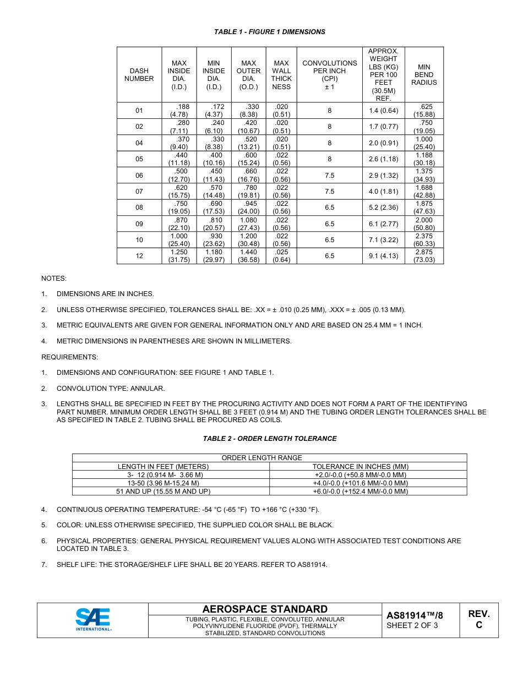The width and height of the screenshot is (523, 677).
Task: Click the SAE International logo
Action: point(93,619)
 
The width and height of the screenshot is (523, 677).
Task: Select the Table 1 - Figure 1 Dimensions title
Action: point(269,32)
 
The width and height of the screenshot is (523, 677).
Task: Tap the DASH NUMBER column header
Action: point(139,75)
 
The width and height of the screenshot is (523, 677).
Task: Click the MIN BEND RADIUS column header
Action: point(424,75)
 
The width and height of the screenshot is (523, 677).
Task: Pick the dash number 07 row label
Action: point(139,192)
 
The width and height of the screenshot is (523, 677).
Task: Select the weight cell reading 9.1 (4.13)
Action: point(383,256)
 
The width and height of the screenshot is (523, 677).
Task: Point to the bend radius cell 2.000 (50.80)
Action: point(424,223)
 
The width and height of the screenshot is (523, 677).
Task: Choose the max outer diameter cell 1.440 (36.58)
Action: point(248,256)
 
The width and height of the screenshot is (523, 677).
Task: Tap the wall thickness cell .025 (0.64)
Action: point(281,256)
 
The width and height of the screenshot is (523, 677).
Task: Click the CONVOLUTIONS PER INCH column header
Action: point(329,75)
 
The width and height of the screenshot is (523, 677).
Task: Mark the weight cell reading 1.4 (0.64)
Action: point(383,111)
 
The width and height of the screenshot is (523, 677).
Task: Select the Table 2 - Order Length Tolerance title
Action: point(269,439)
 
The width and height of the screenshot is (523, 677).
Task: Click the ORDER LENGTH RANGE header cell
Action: point(269,458)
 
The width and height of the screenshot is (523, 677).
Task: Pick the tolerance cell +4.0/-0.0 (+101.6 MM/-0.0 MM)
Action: point(368,483)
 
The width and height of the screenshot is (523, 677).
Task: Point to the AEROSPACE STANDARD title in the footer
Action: point(265,609)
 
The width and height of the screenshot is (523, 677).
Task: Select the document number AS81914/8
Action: point(415,615)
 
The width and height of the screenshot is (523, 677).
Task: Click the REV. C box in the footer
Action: point(478,619)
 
